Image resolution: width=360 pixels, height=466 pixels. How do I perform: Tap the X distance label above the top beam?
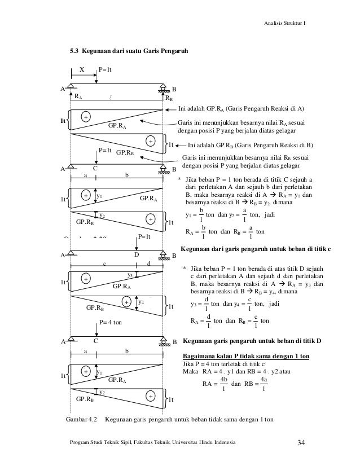81,71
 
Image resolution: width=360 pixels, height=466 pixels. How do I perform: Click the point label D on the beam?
136,255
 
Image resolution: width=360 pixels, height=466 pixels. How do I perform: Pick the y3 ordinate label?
130,275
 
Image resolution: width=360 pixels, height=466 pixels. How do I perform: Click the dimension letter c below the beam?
105,263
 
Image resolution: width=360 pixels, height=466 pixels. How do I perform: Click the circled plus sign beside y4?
127,302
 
